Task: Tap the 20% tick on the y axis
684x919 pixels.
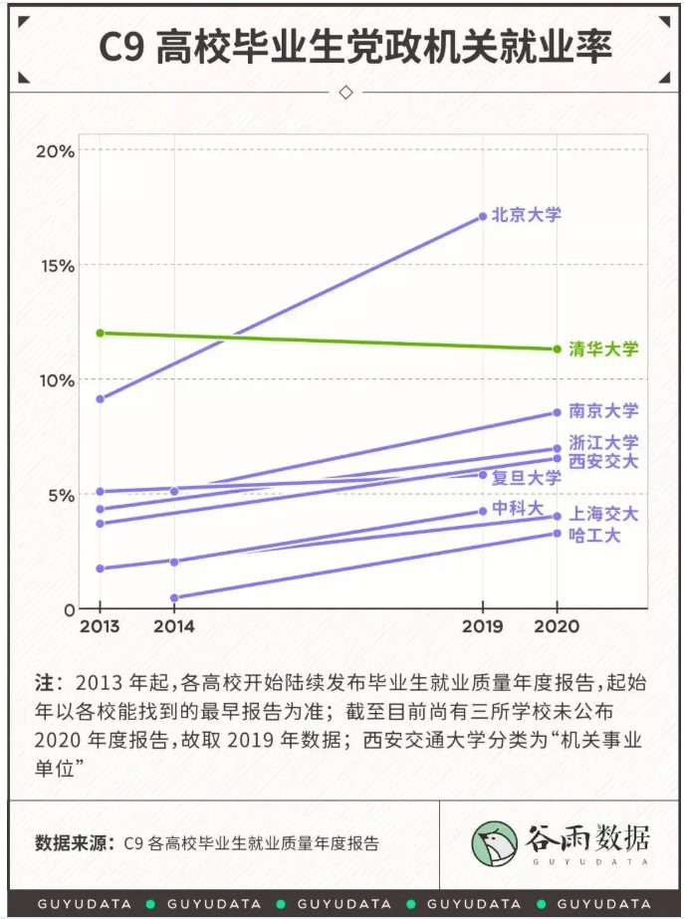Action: coord(55,150)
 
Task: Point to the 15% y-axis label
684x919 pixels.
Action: coord(55,265)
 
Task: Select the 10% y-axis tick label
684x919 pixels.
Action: coord(55,379)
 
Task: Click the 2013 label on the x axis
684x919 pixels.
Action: coord(100,627)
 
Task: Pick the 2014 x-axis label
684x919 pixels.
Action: coord(174,627)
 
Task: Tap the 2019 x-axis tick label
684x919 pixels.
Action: coord(483,627)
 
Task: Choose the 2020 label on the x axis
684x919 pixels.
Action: coord(558,627)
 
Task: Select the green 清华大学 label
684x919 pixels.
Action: coord(602,348)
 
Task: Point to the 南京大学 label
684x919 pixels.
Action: coord(602,410)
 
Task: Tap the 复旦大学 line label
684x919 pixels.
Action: coord(527,477)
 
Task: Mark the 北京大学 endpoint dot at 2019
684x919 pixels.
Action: coord(483,216)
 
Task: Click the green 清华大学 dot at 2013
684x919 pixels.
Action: coord(100,333)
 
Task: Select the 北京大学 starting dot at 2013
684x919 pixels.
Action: coord(100,399)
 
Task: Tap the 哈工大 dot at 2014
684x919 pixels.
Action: coord(174,598)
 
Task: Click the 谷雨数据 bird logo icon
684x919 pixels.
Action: coord(494,842)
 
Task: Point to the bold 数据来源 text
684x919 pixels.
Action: coord(74,842)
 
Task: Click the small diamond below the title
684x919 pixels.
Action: coord(345,93)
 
